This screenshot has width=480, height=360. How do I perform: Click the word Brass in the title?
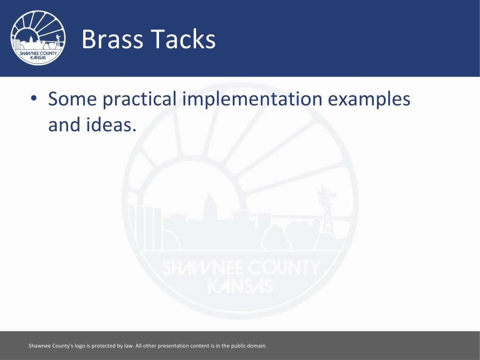[112, 39]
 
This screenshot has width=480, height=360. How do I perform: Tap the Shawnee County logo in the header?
[38, 38]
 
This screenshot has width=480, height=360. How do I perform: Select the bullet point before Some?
[34, 98]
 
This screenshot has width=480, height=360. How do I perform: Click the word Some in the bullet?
[73, 99]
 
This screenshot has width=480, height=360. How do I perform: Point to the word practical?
[140, 99]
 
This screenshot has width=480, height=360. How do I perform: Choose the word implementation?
[252, 99]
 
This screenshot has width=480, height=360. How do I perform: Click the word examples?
[369, 99]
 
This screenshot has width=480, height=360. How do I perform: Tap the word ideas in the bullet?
[111, 124]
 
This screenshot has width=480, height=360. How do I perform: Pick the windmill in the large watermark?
[327, 211]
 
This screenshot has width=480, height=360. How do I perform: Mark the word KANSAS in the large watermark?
[240, 286]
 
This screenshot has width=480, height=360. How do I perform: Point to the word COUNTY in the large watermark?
[284, 268]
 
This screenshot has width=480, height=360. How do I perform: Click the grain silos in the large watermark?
[145, 227]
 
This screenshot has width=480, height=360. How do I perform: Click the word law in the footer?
[129, 346]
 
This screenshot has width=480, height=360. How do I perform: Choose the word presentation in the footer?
[173, 346]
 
